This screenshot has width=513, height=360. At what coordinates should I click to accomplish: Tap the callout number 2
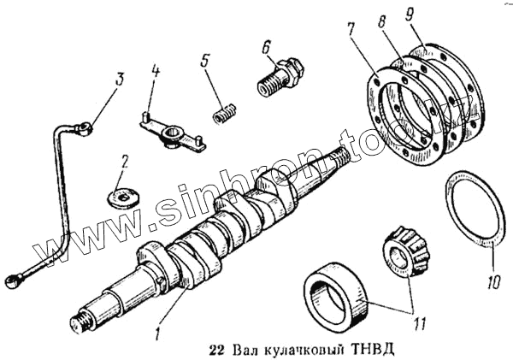point(125,160)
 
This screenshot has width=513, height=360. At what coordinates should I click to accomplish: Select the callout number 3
point(119,80)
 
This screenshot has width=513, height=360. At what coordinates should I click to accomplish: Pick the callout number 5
point(205,62)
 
